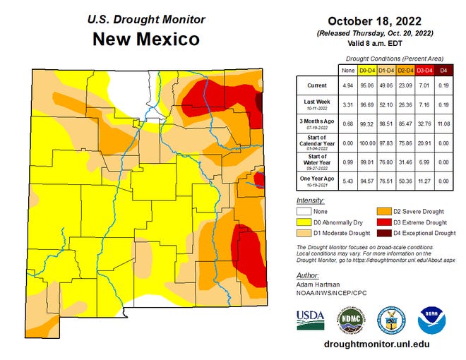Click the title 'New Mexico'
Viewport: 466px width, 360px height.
(x=147, y=39)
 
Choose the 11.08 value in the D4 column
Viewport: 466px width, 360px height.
(x=444, y=124)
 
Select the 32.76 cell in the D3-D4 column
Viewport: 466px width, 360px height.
(x=424, y=124)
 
